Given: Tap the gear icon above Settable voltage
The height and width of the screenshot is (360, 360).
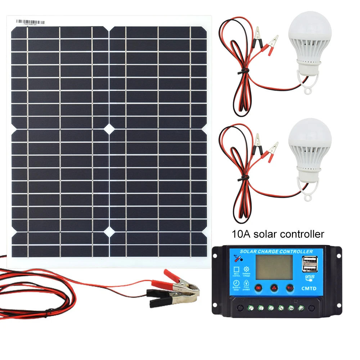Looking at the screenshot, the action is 247,269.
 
